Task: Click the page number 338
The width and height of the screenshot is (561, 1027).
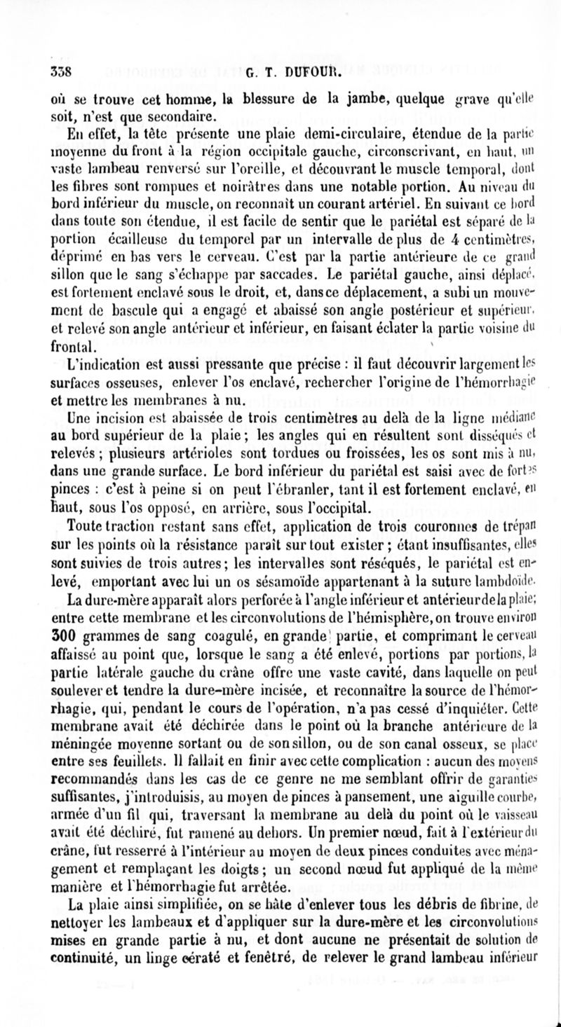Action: (62, 71)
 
